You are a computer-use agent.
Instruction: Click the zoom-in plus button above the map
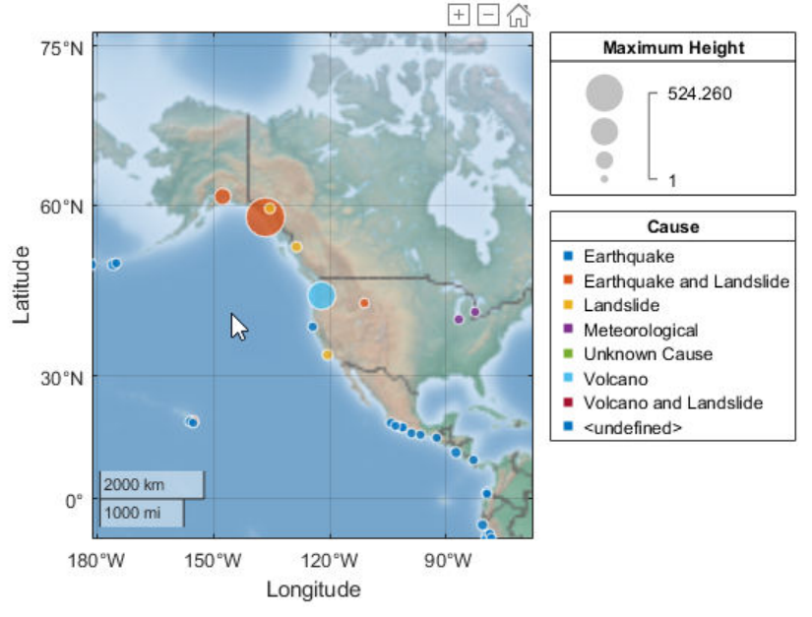point(459,14)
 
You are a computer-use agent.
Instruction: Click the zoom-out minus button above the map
point(488,14)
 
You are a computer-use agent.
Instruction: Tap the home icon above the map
point(519,14)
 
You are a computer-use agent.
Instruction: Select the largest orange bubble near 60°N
point(265,216)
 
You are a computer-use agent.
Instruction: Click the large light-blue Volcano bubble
point(321,294)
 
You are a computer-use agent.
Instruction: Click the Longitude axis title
point(313,589)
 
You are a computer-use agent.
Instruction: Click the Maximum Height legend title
point(673,47)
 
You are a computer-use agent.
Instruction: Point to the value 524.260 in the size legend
point(700,93)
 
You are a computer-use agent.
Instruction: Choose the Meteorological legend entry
point(640,330)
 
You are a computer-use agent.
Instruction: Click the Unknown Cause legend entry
point(648,354)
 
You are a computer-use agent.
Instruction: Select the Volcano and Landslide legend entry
point(672,402)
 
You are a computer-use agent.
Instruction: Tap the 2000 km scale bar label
point(134,484)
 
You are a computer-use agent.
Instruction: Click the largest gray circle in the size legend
point(604,93)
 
